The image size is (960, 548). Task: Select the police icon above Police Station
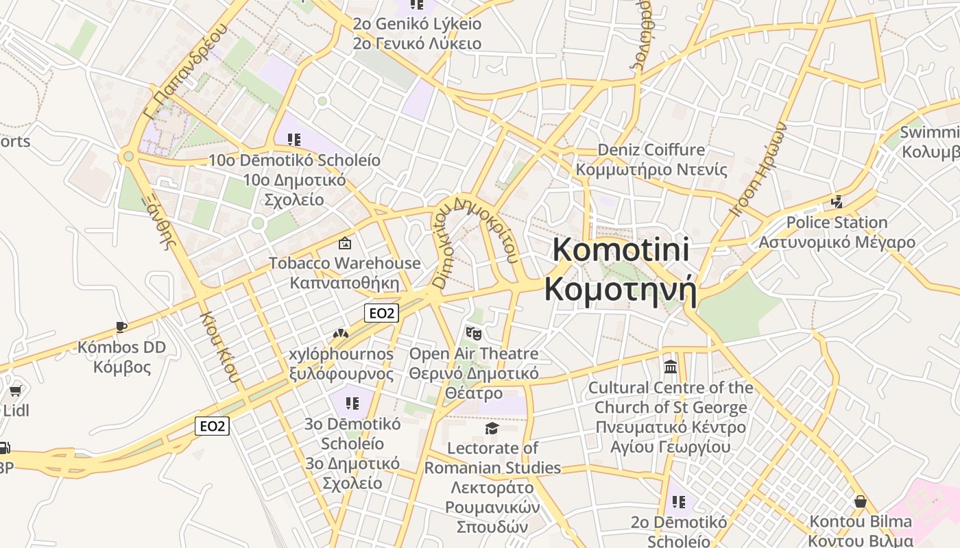pyautogui.click(x=837, y=202)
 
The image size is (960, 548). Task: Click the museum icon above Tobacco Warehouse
pyautogui.click(x=344, y=243)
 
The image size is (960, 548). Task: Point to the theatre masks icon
pyautogui.click(x=474, y=334)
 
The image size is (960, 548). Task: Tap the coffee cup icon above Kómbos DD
pyautogui.click(x=121, y=327)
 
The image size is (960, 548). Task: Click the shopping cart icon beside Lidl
pyautogui.click(x=15, y=391)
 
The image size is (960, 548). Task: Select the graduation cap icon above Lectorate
pyautogui.click(x=492, y=429)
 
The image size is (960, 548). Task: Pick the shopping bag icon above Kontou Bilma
pyautogui.click(x=861, y=502)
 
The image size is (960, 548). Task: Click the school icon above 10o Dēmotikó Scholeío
pyautogui.click(x=294, y=140)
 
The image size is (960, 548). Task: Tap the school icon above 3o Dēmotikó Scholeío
pyautogui.click(x=352, y=403)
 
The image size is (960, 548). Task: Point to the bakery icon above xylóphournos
pyautogui.click(x=340, y=334)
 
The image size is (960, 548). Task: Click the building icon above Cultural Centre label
pyautogui.click(x=671, y=367)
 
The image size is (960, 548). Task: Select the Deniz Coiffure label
pyautogui.click(x=651, y=150)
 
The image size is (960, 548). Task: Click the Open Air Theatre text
pyautogui.click(x=474, y=354)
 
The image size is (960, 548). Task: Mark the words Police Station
pyautogui.click(x=837, y=223)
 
